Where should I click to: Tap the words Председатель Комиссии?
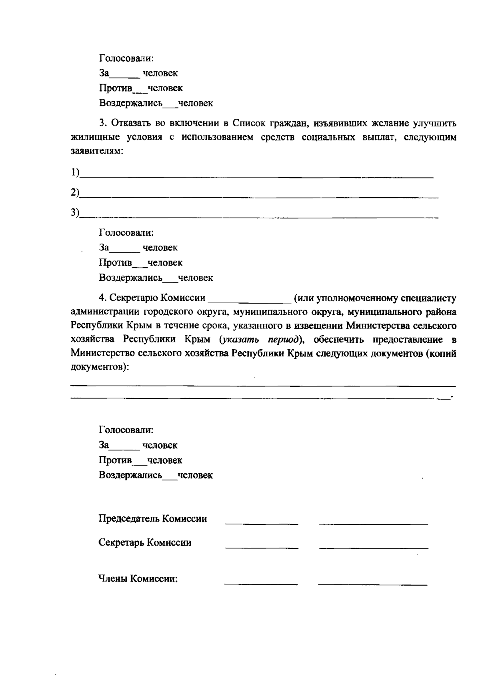tap(153, 519)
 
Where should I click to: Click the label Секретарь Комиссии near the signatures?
tap(145, 543)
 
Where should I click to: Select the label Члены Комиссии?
tap(138, 579)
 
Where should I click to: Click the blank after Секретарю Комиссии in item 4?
tap(250, 301)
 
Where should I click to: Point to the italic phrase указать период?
tap(260, 340)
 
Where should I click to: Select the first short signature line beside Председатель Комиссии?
tap(262, 523)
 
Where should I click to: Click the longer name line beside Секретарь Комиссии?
tap(374, 547)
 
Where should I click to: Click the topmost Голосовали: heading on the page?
tap(126, 58)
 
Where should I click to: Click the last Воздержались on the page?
tap(130, 475)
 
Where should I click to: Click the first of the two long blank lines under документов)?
tap(263, 386)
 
